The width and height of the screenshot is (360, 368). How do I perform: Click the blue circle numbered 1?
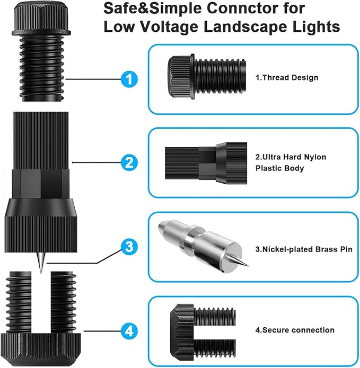point(129,79)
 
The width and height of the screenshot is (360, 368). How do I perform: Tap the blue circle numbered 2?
point(129,163)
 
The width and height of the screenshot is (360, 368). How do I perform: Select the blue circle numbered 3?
point(129,247)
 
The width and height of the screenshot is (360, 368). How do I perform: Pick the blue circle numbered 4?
point(129,331)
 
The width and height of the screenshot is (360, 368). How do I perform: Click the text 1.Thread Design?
point(287,77)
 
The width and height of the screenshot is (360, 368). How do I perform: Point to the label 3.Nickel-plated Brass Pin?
point(304,249)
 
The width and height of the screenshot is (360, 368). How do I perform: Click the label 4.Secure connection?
point(295,330)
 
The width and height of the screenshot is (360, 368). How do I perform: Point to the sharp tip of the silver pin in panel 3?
point(248,266)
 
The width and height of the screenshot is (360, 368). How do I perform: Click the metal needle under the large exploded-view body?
point(41,263)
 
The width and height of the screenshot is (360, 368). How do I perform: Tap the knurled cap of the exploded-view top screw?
point(41,19)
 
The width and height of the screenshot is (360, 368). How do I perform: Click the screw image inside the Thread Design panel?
point(207,76)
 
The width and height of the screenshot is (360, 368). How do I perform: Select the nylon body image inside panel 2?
point(206,163)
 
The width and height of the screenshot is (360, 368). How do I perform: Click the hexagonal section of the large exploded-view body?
point(40,184)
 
